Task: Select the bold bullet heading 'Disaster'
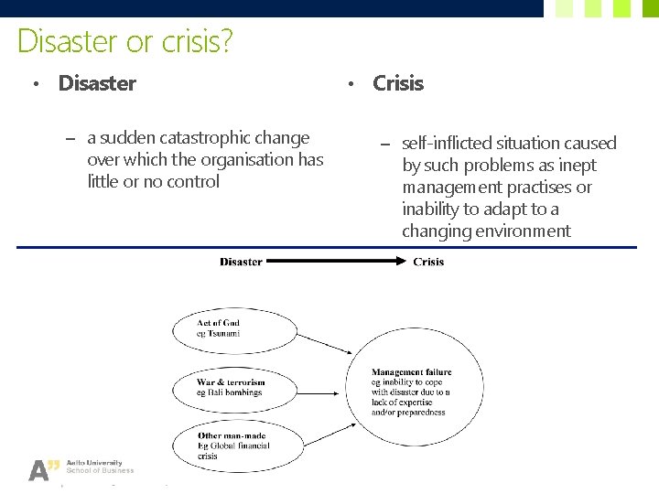[x=97, y=83]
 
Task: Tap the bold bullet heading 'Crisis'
[x=398, y=83]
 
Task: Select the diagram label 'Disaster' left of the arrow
[x=241, y=262]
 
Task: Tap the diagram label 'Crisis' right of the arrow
[x=428, y=262]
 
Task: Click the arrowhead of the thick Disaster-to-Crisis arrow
[x=401, y=262]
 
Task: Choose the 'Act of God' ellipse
[x=237, y=329]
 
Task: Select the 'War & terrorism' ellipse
[x=237, y=387]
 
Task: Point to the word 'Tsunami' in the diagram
[x=223, y=334]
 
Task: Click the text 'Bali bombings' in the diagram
[x=234, y=392]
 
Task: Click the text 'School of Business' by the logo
[x=106, y=470]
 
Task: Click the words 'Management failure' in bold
[x=411, y=372]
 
